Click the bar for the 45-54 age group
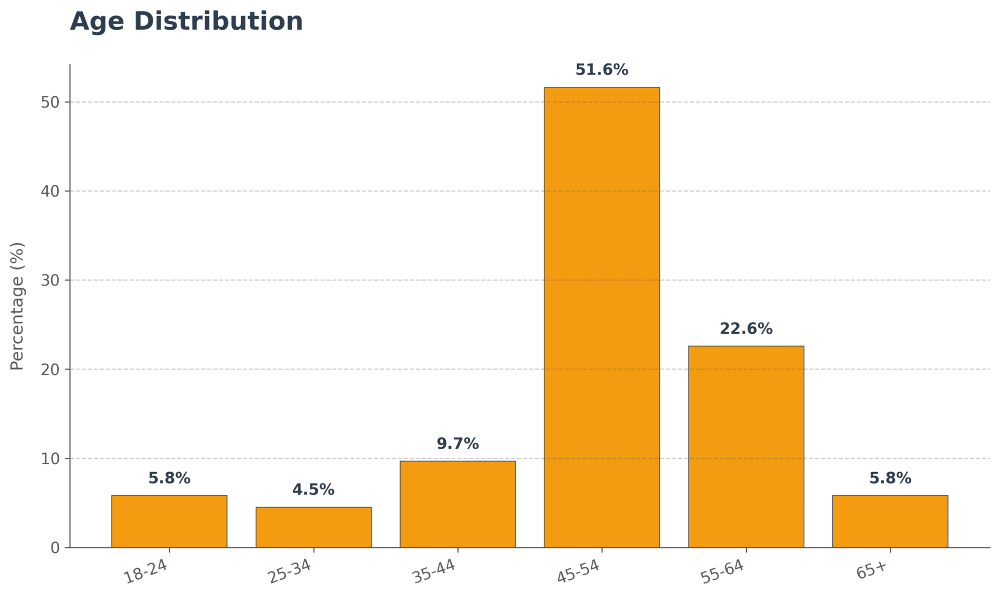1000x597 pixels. point(602,317)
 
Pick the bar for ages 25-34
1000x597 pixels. point(314,527)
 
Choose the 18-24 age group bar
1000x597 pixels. point(169,521)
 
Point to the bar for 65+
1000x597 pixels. point(890,521)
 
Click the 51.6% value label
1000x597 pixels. point(602,70)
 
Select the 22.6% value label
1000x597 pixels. point(746,329)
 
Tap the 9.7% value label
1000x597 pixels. point(457,444)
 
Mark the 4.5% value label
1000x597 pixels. point(314,490)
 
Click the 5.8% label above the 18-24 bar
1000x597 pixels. point(169,478)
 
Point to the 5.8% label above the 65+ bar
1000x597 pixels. point(890,478)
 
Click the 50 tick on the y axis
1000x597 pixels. point(50,102)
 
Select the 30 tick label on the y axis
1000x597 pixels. point(50,281)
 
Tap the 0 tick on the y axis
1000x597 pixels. point(55,548)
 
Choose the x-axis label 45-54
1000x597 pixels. point(579,572)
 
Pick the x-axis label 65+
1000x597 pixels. point(871,570)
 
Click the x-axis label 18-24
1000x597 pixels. point(146,572)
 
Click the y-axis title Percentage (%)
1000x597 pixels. point(17,306)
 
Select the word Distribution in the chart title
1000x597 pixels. point(218,22)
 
